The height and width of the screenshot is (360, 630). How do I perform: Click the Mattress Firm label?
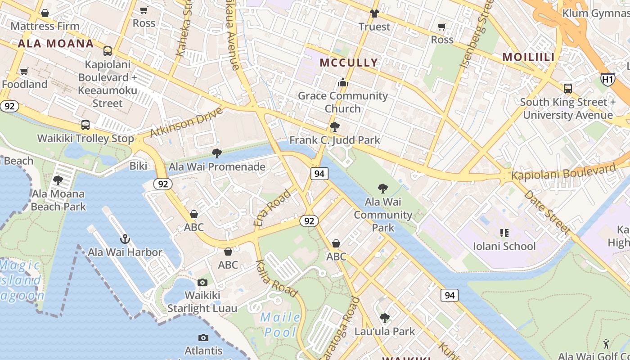coord(45,26)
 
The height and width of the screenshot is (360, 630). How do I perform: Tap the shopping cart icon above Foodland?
coord(24,71)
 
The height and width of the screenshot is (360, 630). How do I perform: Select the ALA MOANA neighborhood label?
coord(56,44)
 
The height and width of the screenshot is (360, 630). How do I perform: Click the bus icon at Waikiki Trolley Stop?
coord(85,125)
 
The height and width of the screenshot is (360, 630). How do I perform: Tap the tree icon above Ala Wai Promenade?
coord(217,153)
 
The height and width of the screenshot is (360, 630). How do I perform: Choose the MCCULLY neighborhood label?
coord(349,63)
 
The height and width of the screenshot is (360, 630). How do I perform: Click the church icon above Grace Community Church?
coord(343,82)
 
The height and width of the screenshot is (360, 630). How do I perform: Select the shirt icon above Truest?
coord(374,13)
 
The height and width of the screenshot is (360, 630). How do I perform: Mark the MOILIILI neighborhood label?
coord(528,57)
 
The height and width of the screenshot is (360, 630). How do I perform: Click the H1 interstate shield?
coord(607,80)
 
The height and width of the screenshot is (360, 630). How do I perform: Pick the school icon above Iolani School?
coord(504,233)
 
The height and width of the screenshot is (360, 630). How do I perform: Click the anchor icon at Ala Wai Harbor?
coord(125,239)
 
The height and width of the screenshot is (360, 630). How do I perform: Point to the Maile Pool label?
coord(281,324)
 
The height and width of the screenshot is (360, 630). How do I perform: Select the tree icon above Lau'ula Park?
coord(384,318)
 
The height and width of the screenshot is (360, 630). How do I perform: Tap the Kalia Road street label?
coord(277,279)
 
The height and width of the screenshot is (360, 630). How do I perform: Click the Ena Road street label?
coord(273,207)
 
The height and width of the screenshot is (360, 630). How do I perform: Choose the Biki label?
coord(138,166)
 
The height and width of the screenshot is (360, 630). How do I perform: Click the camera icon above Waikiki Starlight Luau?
coord(202,282)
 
